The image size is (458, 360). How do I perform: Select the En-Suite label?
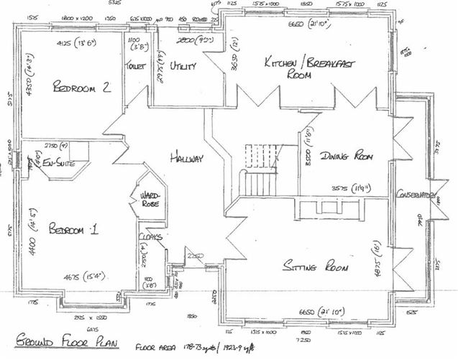click(60, 164)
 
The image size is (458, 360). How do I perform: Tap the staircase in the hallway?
click(260, 169)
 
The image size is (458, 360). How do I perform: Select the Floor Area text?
click(152, 338)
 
